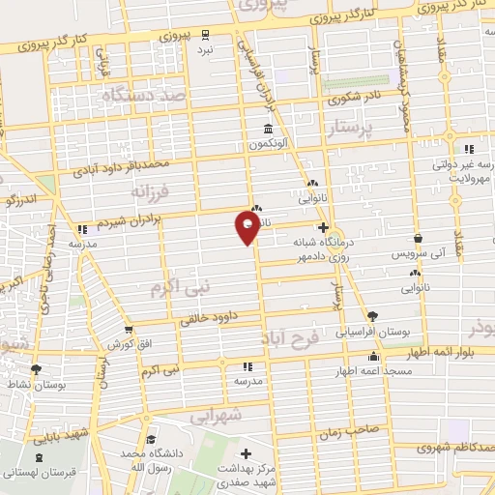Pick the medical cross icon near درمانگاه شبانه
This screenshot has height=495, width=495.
[323, 228]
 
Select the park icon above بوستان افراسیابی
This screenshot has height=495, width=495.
[373, 315]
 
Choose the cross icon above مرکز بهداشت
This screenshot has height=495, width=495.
[247, 453]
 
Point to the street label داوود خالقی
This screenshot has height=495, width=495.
[207, 318]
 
